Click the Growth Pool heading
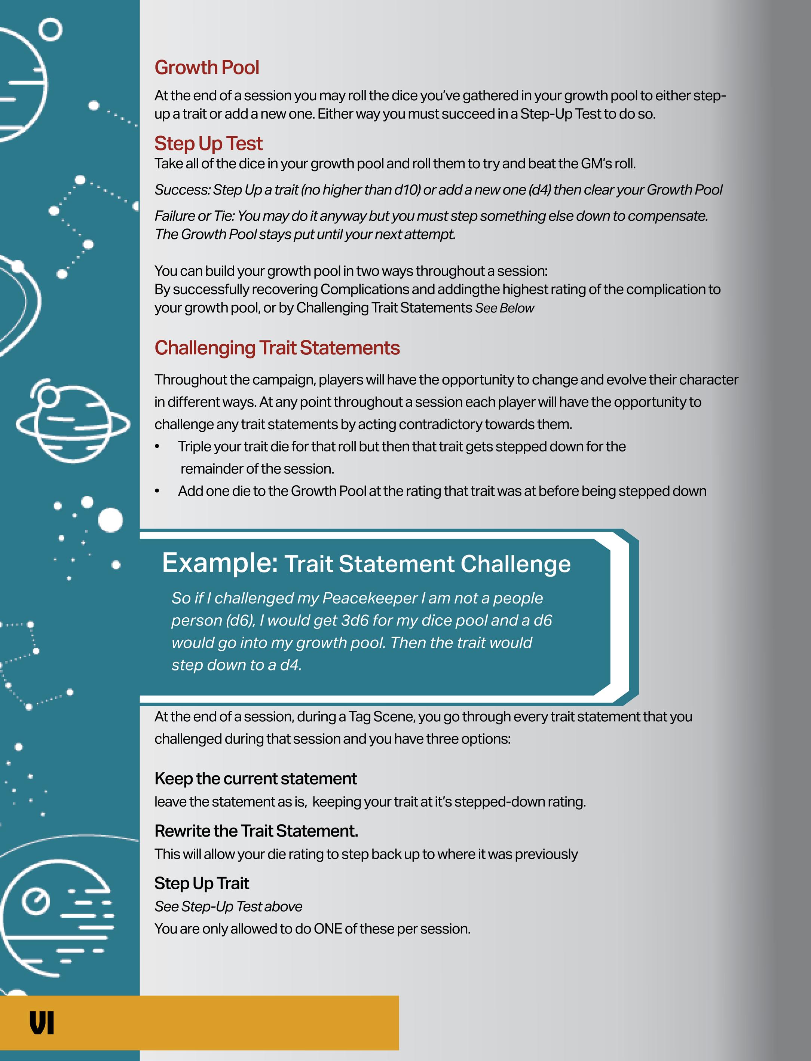coord(206,68)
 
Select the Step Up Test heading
coord(208,143)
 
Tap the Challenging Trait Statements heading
coord(277,348)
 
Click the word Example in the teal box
coord(220,562)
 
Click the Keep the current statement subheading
coord(255,779)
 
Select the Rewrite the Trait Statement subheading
coord(256,831)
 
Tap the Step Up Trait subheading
coord(201,883)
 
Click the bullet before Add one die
coord(157,491)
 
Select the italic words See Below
coord(505,308)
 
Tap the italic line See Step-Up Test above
coord(228,906)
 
